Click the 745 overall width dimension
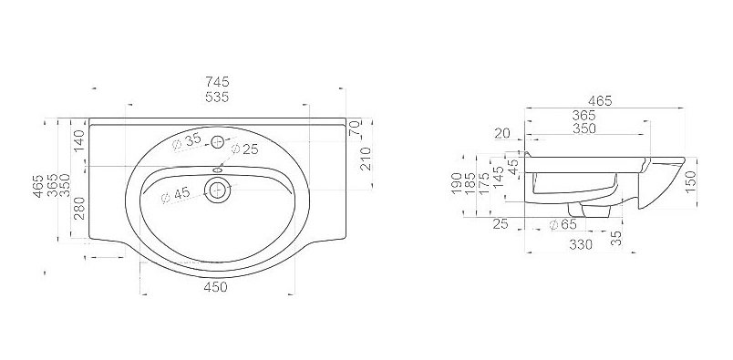(x=217, y=82)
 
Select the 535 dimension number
(x=217, y=98)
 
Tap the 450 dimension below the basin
(x=215, y=286)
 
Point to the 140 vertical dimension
(x=79, y=140)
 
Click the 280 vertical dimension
(x=79, y=208)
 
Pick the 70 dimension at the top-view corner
(x=356, y=128)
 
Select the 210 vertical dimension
(x=366, y=159)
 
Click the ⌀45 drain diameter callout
(x=175, y=195)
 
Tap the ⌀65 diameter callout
(x=563, y=224)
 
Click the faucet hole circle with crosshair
(x=217, y=141)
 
